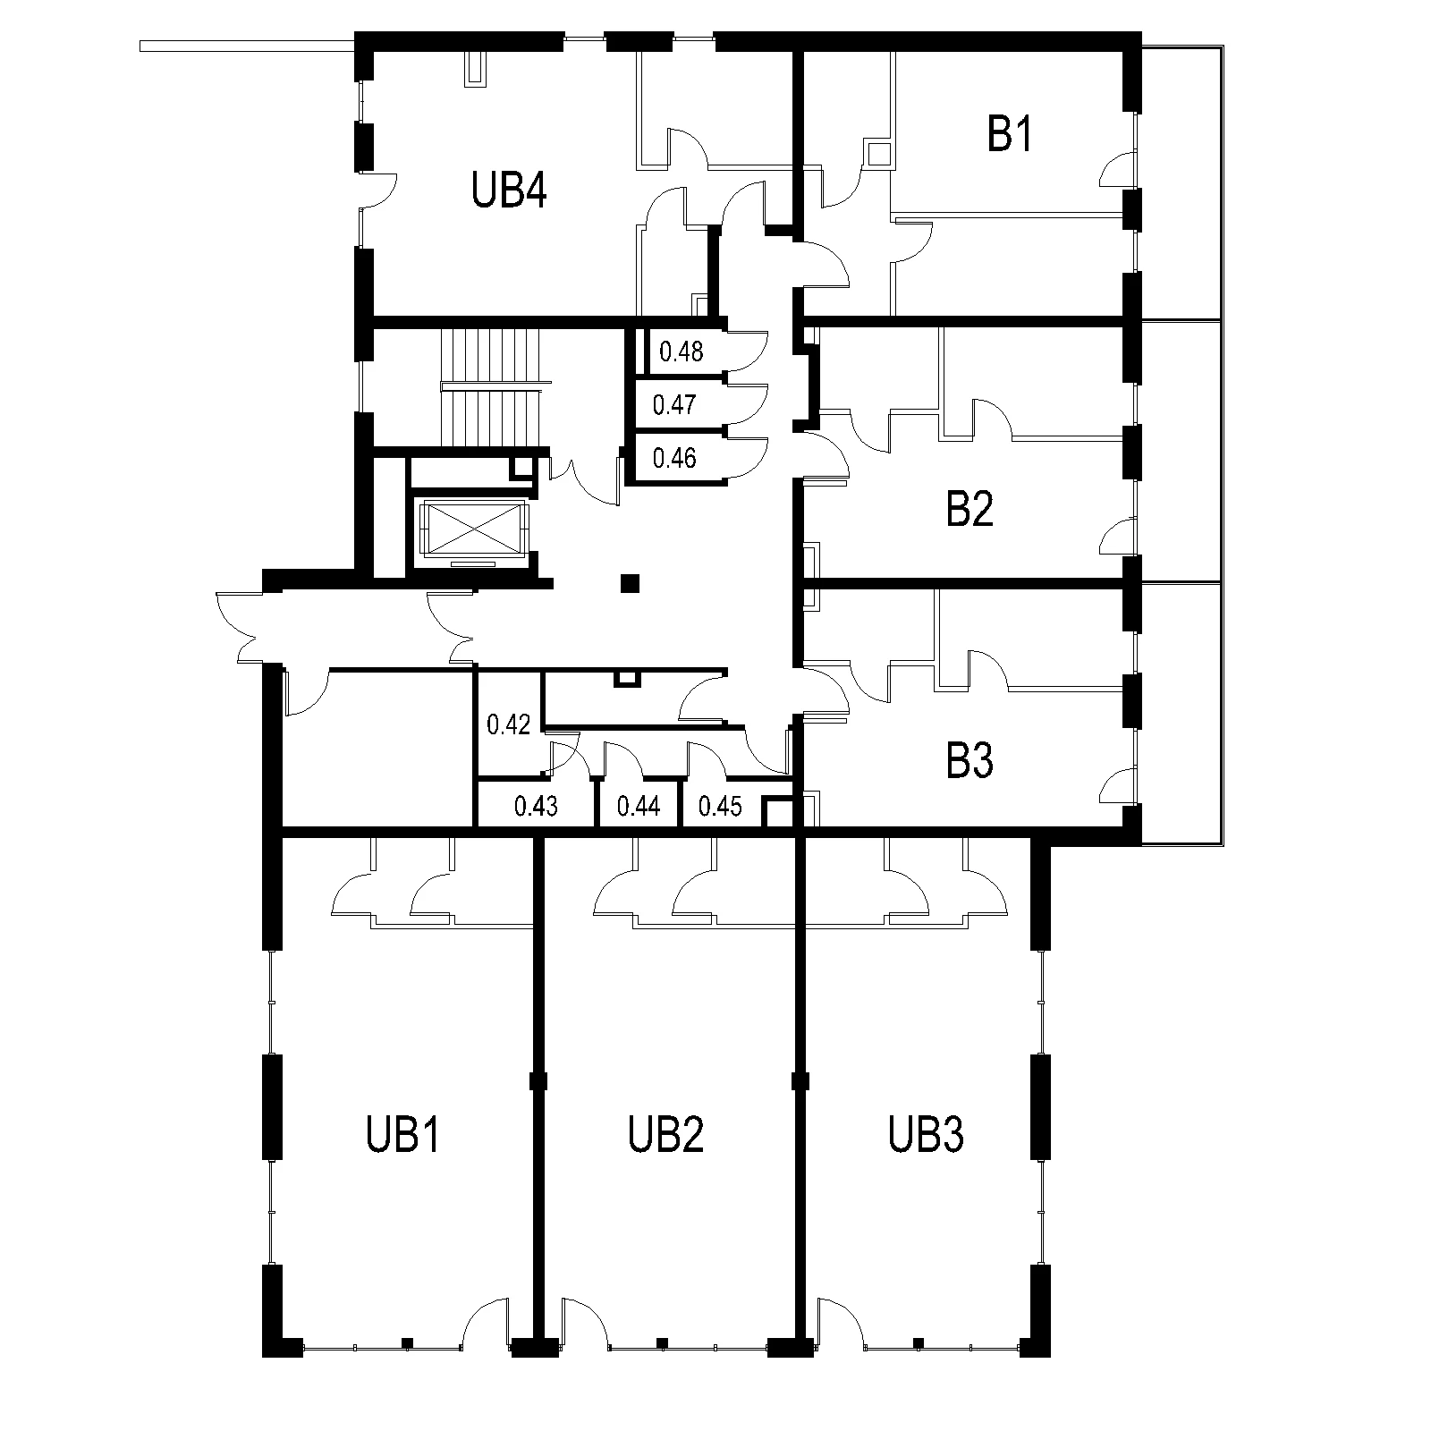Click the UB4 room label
tap(508, 191)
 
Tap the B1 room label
tap(1010, 136)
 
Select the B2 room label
tap(970, 511)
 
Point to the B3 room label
tap(970, 762)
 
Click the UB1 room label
tap(403, 1135)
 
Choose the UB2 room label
tap(665, 1135)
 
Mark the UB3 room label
tap(926, 1135)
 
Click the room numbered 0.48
tap(681, 351)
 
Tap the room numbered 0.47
tap(674, 405)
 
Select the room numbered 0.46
tap(674, 459)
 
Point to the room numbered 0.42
tap(509, 724)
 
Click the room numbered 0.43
tap(536, 807)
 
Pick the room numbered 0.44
tap(639, 807)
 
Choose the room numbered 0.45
tap(720, 807)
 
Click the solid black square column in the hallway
tap(631, 583)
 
